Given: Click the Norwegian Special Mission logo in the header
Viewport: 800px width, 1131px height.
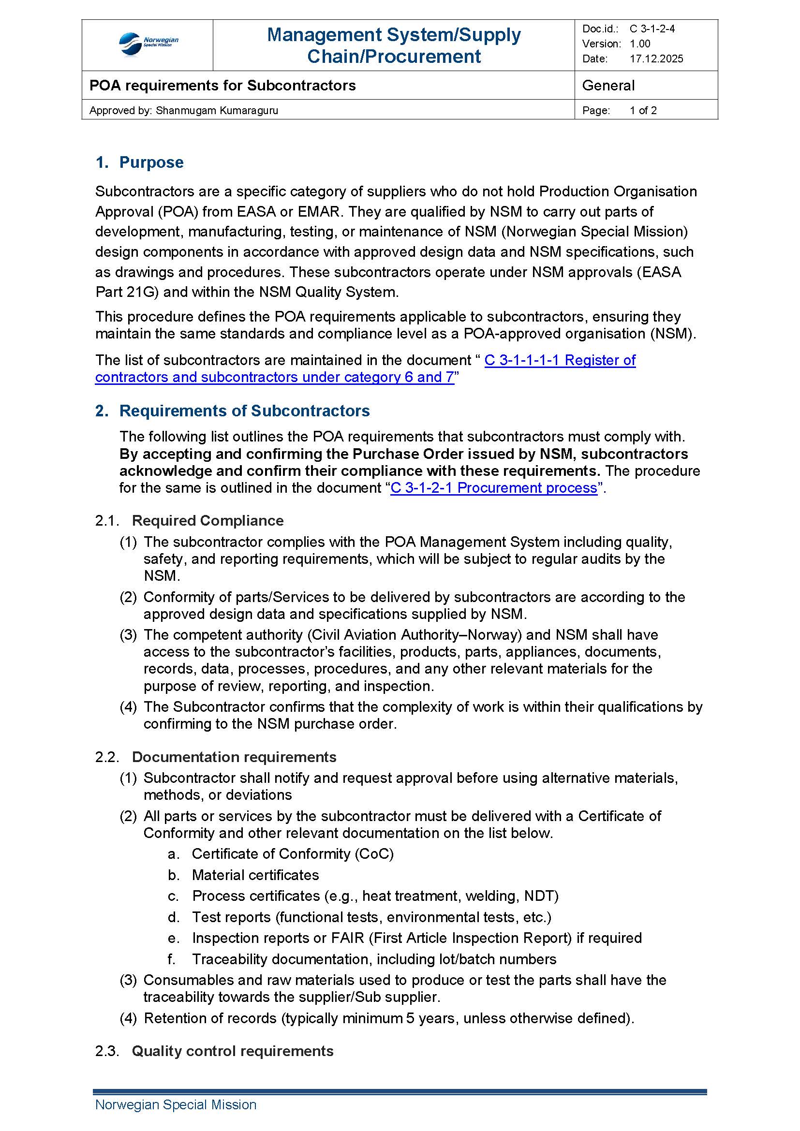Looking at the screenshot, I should click(148, 44).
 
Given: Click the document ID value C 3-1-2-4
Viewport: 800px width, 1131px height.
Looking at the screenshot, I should click(652, 29).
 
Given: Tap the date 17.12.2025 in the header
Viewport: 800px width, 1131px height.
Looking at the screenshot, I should click(656, 59).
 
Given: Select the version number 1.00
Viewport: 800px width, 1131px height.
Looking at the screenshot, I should click(640, 44).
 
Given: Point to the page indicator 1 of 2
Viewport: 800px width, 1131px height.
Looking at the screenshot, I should click(643, 110).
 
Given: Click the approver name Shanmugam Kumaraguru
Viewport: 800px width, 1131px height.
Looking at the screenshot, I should click(217, 110).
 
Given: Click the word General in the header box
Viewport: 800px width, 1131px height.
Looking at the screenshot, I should click(608, 86).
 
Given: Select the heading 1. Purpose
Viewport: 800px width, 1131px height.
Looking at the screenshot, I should click(139, 162).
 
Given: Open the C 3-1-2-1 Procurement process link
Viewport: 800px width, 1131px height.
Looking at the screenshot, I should click(494, 488).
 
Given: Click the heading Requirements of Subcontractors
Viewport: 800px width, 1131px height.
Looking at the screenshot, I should click(244, 411).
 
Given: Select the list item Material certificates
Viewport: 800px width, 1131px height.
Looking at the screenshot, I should click(255, 875).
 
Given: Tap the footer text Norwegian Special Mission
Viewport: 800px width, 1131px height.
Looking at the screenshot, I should click(176, 1104).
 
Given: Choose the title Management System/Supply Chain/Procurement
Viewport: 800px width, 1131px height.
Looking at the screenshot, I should click(394, 45).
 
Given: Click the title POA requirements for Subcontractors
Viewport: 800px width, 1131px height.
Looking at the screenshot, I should click(222, 86).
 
